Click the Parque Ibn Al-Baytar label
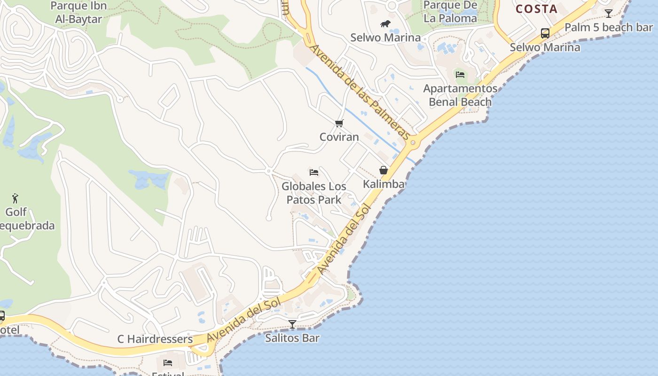coord(78,13)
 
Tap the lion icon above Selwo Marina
coord(385,23)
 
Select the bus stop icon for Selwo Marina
coord(545,33)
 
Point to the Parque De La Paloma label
coord(450,12)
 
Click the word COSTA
coord(536,9)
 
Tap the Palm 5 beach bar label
coord(609,27)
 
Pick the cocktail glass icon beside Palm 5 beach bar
coord(609,14)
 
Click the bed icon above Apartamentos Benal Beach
coord(460,74)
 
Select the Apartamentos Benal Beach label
coord(460,95)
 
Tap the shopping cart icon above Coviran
coord(339,124)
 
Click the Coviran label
coord(339,137)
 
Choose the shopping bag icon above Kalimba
coord(384,170)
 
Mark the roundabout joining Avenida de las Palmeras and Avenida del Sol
coord(413,142)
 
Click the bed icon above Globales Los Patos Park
coord(314,172)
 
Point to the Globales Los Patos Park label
coord(314,193)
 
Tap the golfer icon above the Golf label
coord(16,198)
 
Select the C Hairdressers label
coord(155,339)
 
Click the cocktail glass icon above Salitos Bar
coord(292,324)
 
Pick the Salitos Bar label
coord(292,338)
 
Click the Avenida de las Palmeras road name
coord(360,92)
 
